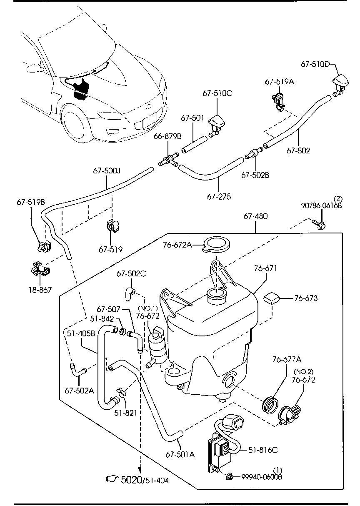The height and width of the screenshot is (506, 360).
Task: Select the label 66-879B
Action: (168, 136)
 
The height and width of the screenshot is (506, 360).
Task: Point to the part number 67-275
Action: (219, 197)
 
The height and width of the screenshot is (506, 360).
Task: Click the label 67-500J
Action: (106, 171)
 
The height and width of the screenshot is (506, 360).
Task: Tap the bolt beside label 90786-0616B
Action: (320, 225)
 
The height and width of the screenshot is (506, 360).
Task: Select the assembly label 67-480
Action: (255, 216)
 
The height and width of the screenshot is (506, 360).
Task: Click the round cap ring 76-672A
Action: (216, 245)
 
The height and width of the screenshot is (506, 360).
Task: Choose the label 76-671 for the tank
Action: (265, 269)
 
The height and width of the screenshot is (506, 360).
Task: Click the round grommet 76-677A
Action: (270, 403)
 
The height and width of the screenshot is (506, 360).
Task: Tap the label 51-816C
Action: (263, 450)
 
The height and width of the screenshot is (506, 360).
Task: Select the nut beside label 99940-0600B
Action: (230, 476)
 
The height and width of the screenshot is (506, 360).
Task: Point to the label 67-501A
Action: (180, 454)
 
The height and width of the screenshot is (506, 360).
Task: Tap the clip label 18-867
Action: (40, 289)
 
